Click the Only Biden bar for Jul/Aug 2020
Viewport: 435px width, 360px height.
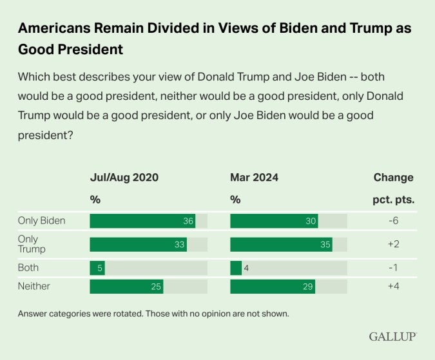coord(142,221)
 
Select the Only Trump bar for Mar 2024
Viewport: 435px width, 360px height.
coord(281,244)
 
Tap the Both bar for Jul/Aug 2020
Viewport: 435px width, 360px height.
coord(97,267)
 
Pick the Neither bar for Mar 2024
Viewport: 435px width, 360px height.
coord(273,286)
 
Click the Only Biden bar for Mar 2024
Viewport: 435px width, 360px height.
coord(274,221)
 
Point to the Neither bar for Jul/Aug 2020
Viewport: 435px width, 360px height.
coord(126,286)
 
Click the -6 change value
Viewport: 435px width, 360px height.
coord(393,221)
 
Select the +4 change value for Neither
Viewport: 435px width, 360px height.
coord(393,286)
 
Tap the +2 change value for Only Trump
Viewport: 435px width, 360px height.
coord(393,244)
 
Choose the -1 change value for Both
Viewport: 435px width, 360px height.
coord(393,267)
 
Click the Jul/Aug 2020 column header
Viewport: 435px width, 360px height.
coord(124,178)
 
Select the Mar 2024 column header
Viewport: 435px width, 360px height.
coord(254,178)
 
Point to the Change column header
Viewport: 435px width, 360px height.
coord(393,178)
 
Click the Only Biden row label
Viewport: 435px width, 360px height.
coord(42,221)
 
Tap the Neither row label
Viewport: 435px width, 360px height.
coord(34,286)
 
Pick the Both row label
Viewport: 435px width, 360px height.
coord(28,267)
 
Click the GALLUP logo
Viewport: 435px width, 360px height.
coord(392,337)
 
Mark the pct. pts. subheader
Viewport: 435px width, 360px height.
coord(393,200)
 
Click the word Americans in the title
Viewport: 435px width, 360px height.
coord(55,30)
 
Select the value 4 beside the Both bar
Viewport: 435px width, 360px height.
coord(248,267)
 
